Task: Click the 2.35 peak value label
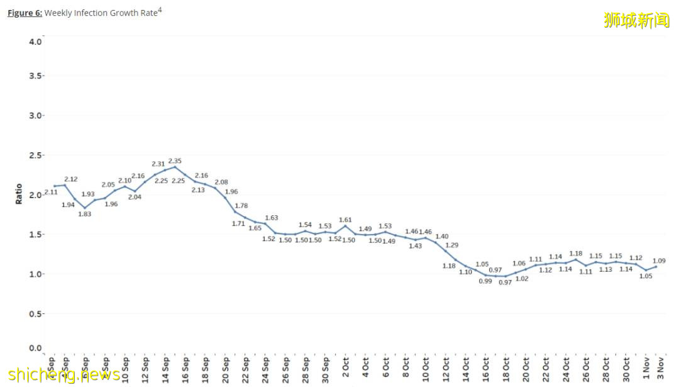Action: coord(175,161)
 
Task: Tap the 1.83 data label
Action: coord(85,214)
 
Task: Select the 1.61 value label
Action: coord(345,220)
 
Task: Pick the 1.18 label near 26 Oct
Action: coord(576,254)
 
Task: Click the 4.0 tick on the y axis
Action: coord(36,42)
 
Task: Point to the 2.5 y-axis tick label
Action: coord(36,155)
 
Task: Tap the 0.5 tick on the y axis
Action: coord(36,313)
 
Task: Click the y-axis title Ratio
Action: coord(18,193)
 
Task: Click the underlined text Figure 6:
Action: coord(25,13)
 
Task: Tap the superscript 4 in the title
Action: coord(160,9)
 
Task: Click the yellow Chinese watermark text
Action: coord(637,20)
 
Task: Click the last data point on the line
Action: coord(656,266)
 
